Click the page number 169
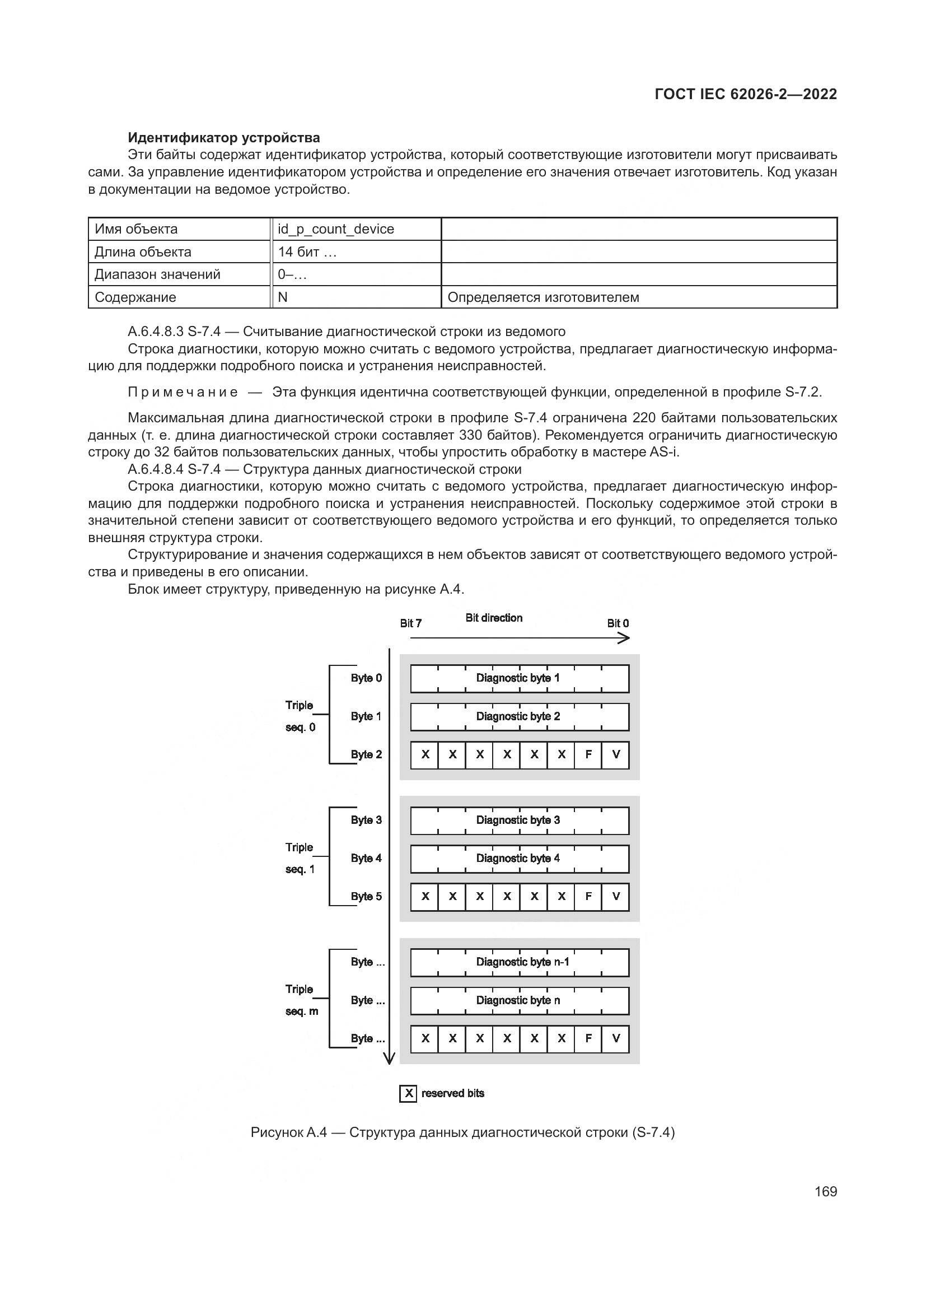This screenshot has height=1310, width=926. click(x=825, y=1191)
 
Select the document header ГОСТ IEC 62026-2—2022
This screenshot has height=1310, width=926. click(x=745, y=94)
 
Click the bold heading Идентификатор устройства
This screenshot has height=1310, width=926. click(x=223, y=138)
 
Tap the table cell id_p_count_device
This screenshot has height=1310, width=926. click(x=336, y=229)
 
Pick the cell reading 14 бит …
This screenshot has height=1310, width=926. click(x=307, y=251)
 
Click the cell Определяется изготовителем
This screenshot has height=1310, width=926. click(x=543, y=297)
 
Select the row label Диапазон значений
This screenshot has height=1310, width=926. click(x=157, y=274)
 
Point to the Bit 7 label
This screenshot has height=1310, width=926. click(x=410, y=623)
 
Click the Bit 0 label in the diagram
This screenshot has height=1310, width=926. click(x=618, y=623)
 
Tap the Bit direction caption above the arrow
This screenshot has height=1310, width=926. click(x=494, y=617)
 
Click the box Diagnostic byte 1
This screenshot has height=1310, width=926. click(x=519, y=678)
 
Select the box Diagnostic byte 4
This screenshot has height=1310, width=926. click(x=519, y=858)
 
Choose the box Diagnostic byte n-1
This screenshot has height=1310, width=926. click(x=519, y=962)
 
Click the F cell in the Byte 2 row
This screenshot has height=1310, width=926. click(x=588, y=754)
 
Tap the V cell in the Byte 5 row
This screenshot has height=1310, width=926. click(x=616, y=896)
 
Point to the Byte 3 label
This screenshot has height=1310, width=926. click(x=366, y=820)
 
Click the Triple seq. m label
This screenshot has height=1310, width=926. click(x=301, y=1000)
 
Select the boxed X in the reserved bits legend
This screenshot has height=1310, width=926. click(x=408, y=1093)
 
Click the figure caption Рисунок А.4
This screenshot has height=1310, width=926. click(x=462, y=1132)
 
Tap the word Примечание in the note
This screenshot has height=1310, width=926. click(x=183, y=392)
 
